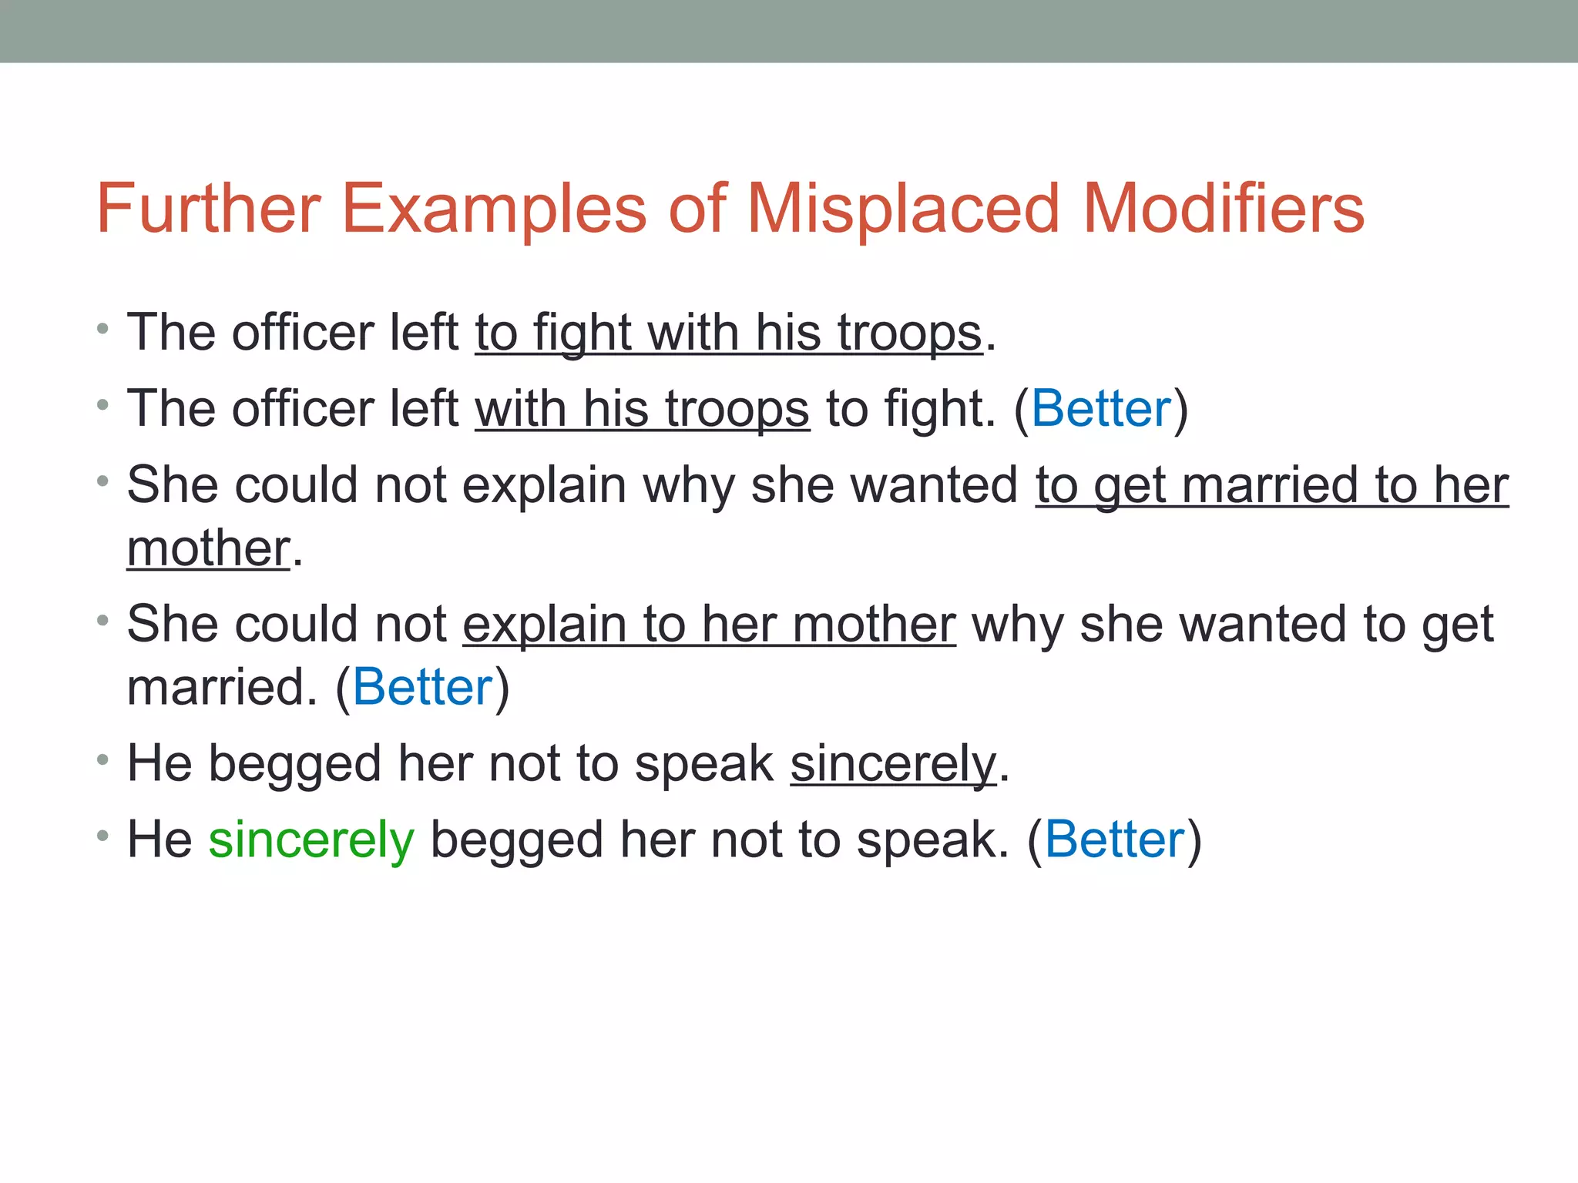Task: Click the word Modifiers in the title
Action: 1224,209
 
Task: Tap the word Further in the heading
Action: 208,209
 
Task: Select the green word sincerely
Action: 311,839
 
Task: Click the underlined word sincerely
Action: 893,764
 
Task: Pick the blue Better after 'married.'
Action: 422,687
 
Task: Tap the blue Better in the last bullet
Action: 1114,839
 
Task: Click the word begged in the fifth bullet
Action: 295,764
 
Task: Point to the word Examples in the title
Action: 493,209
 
